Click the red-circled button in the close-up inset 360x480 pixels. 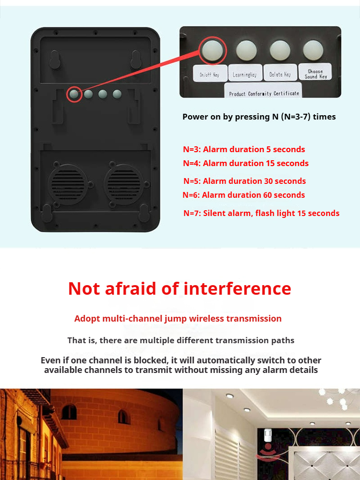pyautogui.click(x=213, y=50)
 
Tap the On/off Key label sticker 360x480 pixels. pyautogui.click(x=210, y=73)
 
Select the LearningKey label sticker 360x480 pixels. pyautogui.click(x=245, y=73)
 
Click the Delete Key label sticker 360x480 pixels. pyautogui.click(x=280, y=73)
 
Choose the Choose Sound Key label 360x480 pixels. pyautogui.click(x=315, y=72)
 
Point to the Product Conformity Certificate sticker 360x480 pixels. pyautogui.click(x=264, y=90)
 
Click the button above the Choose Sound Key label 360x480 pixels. pyautogui.click(x=313, y=50)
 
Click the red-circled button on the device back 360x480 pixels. pyautogui.click(x=74, y=94)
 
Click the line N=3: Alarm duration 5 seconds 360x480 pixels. pyautogui.click(x=244, y=149)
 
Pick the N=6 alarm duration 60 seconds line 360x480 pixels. pyautogui.click(x=244, y=195)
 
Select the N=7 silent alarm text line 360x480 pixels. pyautogui.click(x=262, y=214)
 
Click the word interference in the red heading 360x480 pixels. pyautogui.click(x=237, y=288)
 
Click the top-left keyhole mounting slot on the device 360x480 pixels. pyautogui.click(x=55, y=60)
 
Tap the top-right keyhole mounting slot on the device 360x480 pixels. pyautogui.click(x=136, y=60)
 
